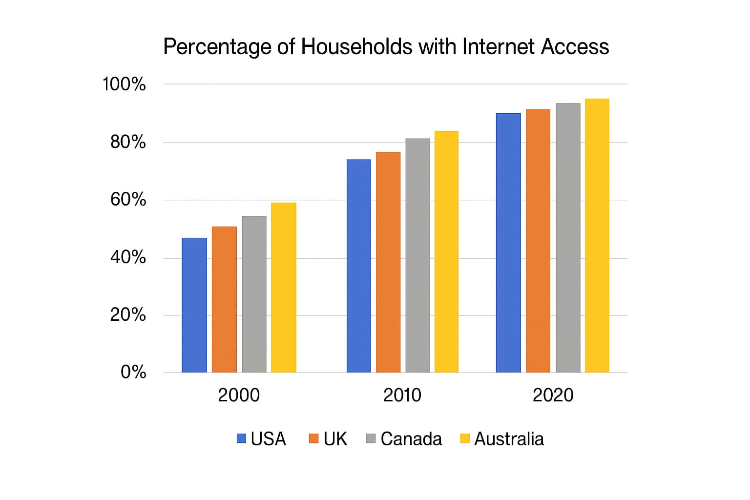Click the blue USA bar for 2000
(194, 305)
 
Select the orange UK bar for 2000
(224, 299)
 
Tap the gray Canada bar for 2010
(417, 255)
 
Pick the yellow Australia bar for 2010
(446, 251)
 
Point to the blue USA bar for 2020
(508, 243)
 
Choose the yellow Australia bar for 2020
(597, 235)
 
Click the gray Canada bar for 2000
(254, 294)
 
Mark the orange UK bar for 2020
(538, 241)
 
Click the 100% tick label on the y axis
(124, 84)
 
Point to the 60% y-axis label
(128, 200)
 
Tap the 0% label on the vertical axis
(133, 373)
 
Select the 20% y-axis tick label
(128, 315)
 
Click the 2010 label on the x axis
(402, 395)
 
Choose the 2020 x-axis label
(553, 395)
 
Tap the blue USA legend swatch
(241, 438)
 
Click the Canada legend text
(411, 439)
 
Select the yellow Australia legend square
(465, 438)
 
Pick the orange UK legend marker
(313, 438)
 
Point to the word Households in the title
(356, 47)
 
